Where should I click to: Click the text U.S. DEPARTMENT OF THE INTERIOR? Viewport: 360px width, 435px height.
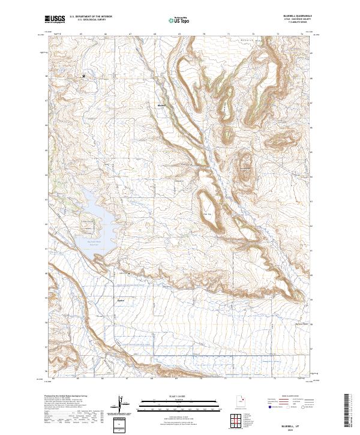pyautogui.click(x=91, y=16)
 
